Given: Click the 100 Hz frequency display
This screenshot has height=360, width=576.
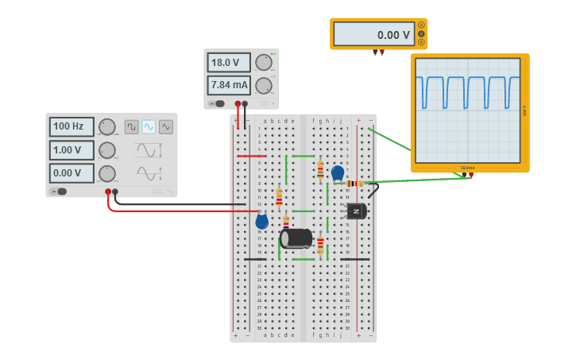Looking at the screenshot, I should (x=72, y=126).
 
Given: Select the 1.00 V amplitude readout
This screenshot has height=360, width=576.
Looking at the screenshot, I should (x=72, y=150).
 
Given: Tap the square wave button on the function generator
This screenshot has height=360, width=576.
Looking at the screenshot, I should (x=131, y=126).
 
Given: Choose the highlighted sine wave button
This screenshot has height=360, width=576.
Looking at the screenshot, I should (x=149, y=126).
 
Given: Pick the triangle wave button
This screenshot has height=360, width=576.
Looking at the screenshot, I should (x=165, y=126).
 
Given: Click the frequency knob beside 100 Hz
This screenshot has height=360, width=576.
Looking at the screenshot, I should (x=106, y=126).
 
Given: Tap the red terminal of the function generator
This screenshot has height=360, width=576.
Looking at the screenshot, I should (x=108, y=192).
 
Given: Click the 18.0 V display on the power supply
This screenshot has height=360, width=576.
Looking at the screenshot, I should (x=229, y=63).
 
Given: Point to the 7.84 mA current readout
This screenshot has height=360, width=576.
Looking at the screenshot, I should (x=229, y=85).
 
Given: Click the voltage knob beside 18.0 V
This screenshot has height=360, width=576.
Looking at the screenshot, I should (x=264, y=63).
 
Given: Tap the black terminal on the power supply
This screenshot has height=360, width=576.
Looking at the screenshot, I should (x=245, y=103).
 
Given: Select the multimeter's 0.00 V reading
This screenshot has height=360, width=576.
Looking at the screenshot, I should (x=373, y=34).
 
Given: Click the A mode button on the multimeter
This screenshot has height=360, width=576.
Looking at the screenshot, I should (x=421, y=25).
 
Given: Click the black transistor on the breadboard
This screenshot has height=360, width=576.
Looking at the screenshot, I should (x=356, y=211).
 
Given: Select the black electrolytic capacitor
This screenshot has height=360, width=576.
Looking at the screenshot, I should (x=296, y=238).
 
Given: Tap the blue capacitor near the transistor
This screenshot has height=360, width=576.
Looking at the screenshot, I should (x=338, y=172).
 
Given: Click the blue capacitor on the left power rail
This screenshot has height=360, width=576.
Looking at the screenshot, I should (x=261, y=222).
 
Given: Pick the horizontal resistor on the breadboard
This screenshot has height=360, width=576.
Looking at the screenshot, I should (x=354, y=184).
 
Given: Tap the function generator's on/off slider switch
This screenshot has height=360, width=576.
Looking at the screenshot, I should (x=59, y=191).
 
